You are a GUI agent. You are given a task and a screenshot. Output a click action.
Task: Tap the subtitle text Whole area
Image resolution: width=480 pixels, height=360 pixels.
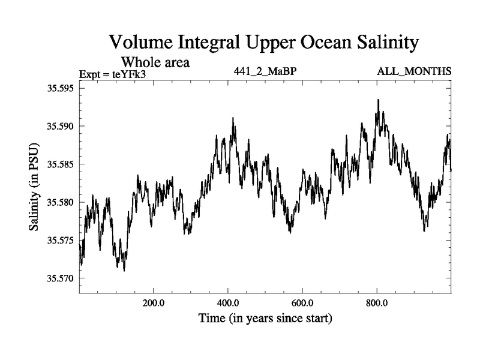click(x=156, y=62)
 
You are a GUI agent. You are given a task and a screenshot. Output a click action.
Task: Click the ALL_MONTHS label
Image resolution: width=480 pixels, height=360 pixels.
click(x=414, y=71)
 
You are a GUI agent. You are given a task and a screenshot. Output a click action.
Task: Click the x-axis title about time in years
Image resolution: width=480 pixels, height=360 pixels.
click(x=265, y=317)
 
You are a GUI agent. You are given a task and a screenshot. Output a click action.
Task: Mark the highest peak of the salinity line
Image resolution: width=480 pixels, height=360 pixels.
click(x=378, y=100)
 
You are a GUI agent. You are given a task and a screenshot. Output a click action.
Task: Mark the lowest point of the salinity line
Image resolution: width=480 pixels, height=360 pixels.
click(x=124, y=271)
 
